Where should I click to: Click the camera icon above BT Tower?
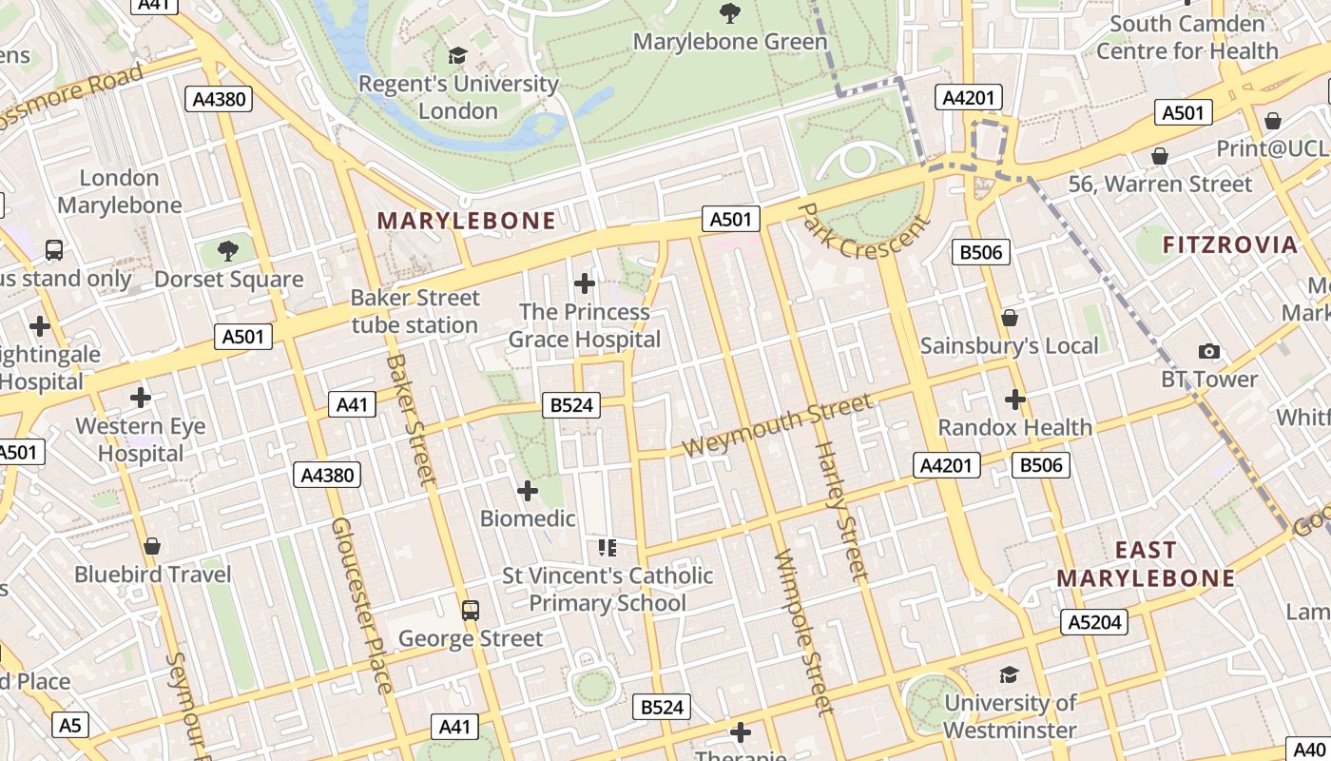pos(1209,352)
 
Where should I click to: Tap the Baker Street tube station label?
pos(415,311)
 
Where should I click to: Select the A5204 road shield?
pos(1094,623)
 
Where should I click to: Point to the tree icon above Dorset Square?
pos(227,251)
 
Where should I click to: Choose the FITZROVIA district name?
pos(1229,244)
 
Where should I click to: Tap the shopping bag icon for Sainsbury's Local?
pos(1010,318)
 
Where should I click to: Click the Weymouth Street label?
pos(777,425)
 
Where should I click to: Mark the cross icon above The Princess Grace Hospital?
pos(585,283)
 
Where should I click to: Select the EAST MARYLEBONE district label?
pos(1146,564)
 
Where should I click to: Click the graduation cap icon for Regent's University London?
pos(458,56)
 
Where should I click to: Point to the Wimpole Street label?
pos(804,632)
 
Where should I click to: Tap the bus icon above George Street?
pos(470,610)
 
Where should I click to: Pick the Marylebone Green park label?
pos(730,42)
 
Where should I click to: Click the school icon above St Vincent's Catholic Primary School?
pos(608,547)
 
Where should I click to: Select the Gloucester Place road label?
pos(360,605)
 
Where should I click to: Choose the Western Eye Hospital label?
pos(141,439)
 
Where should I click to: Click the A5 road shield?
pos(70,726)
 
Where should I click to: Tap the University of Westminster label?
pos(1010,716)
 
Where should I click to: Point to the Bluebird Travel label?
pos(152,575)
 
